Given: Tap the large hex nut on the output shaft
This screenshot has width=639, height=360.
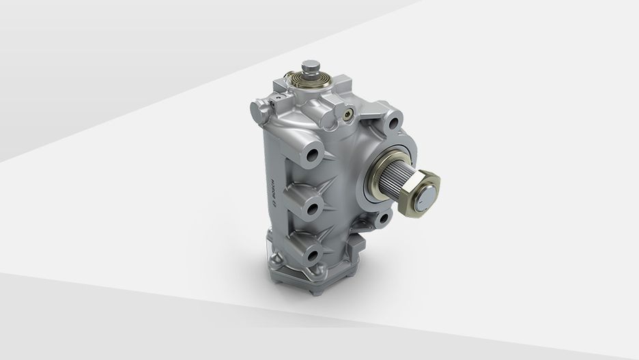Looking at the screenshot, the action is tap(420, 193).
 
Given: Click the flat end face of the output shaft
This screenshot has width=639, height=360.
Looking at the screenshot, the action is tap(426, 197).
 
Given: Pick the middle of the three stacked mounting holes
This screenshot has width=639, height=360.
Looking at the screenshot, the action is tap(313, 209).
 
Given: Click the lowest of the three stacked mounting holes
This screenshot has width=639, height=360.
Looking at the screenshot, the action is tap(313, 255).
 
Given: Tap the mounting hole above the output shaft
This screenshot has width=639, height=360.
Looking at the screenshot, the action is tap(393, 123).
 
